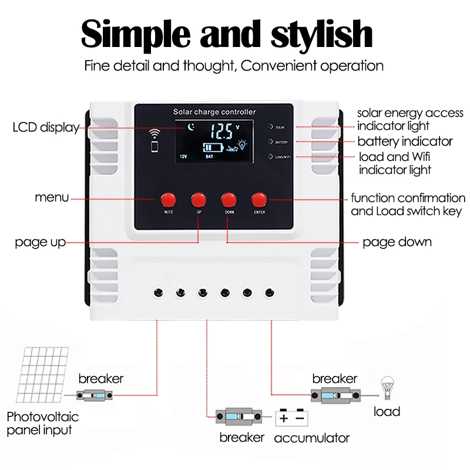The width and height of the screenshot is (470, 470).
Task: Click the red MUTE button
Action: [168, 199]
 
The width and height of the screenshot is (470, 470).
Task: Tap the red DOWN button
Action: [229, 199]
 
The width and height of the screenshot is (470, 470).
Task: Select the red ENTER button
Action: [259, 199]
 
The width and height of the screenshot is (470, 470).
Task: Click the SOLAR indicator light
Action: [270, 126]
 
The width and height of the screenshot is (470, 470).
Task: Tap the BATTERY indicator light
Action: [270, 142]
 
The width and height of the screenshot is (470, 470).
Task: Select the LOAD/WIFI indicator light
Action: [270, 156]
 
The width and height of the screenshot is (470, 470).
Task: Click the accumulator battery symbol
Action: [291, 418]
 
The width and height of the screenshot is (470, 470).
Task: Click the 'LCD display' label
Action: [46, 127]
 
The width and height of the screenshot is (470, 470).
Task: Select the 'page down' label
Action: [397, 241]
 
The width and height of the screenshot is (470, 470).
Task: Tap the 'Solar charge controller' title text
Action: [214, 112]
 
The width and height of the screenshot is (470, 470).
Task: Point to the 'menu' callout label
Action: [52, 197]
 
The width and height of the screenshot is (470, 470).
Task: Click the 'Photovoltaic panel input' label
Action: [42, 424]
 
